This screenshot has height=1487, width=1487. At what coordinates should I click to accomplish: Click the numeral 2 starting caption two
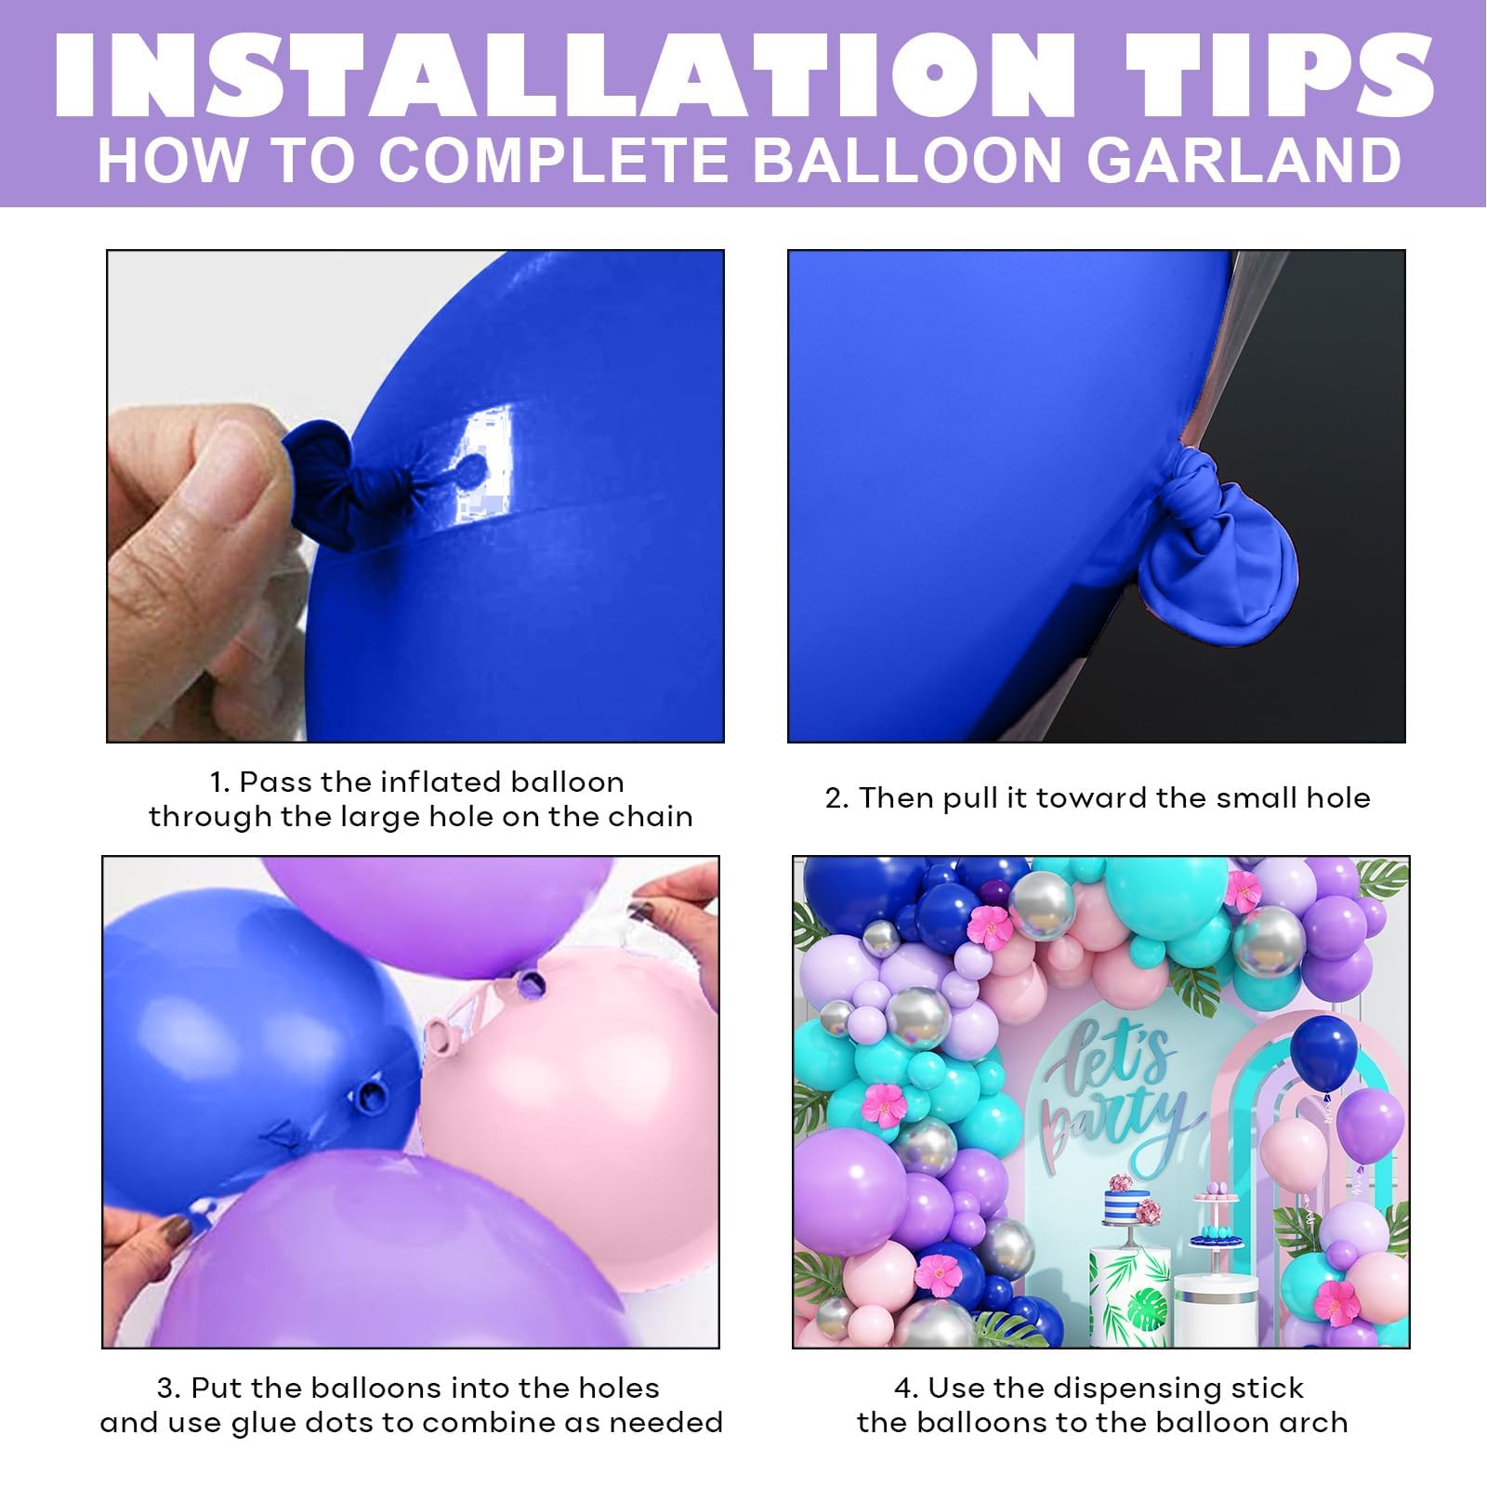833,798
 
